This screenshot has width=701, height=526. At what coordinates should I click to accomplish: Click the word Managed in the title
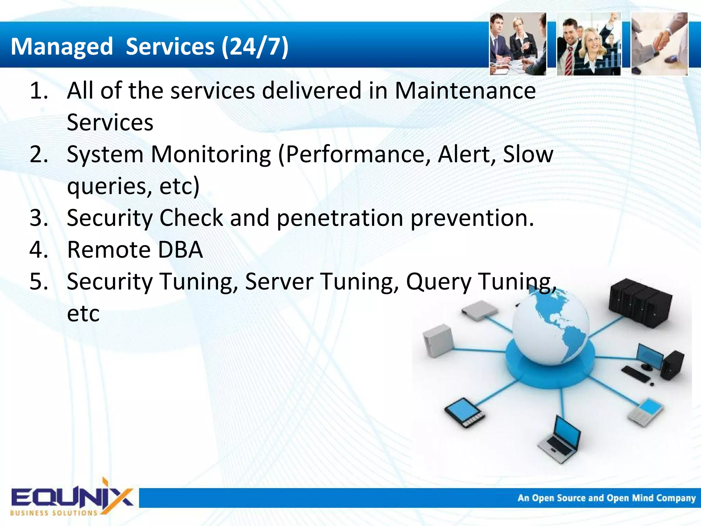(x=62, y=47)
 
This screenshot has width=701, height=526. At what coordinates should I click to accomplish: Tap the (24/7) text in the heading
(x=255, y=47)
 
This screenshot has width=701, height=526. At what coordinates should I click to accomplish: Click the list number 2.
(x=39, y=154)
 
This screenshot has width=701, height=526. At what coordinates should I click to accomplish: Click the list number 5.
(x=39, y=282)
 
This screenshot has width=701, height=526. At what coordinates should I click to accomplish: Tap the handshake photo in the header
(x=659, y=44)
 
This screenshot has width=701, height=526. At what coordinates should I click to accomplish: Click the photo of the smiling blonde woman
(x=589, y=44)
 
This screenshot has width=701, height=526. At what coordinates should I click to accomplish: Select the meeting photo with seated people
(x=518, y=44)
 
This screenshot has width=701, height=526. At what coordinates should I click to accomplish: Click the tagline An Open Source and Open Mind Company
(x=606, y=498)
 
